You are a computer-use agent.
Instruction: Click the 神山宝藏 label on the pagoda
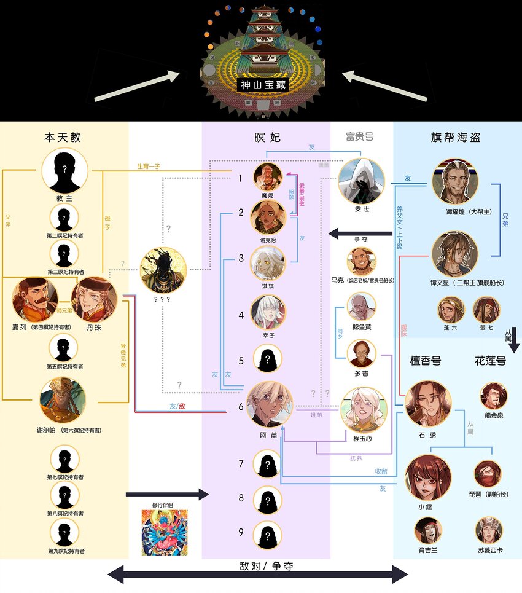262,85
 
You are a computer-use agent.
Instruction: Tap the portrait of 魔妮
268,178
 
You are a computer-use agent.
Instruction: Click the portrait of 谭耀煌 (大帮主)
455,181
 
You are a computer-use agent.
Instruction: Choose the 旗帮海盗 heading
455,138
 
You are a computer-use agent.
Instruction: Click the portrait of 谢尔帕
63,400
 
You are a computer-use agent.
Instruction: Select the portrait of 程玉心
364,409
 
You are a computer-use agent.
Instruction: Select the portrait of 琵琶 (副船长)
488,474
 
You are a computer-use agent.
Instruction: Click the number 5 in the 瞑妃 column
241,361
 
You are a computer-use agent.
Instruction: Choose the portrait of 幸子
268,312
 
